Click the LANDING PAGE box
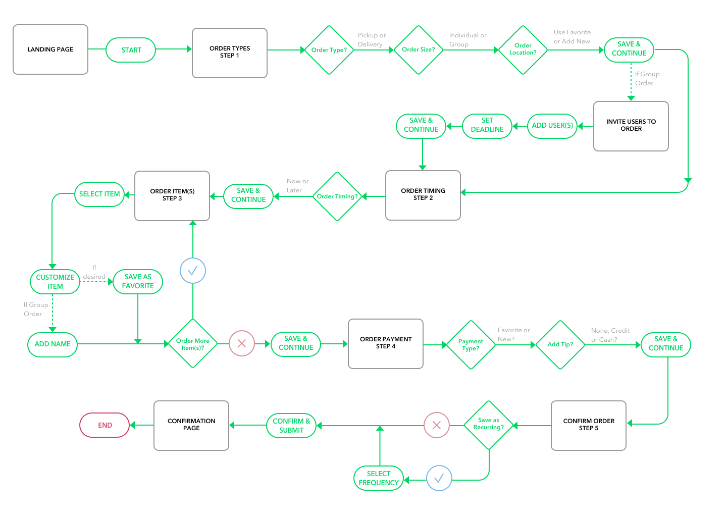pyautogui.click(x=50, y=49)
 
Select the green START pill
pyautogui.click(x=131, y=50)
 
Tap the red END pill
pyautogui.click(x=105, y=425)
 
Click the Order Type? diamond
pyautogui.click(x=329, y=50)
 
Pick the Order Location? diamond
pyautogui.click(x=523, y=49)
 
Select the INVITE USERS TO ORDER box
pyautogui.click(x=631, y=126)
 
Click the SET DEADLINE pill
pyautogui.click(x=487, y=126)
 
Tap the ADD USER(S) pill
pyautogui.click(x=552, y=126)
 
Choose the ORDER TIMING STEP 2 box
pyautogui.click(x=423, y=195)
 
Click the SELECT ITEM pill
pyautogui.click(x=99, y=194)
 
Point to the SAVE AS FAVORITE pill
pyautogui.click(x=138, y=282)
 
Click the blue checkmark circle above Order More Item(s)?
pyautogui.click(x=193, y=271)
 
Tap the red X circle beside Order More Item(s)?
pyautogui.click(x=242, y=344)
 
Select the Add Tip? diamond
pyautogui.click(x=560, y=344)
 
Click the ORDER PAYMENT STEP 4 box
pyautogui.click(x=386, y=343)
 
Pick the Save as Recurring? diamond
pyautogui.click(x=489, y=425)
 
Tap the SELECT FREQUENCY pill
pyautogui.click(x=379, y=478)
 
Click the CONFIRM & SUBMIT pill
pyautogui.click(x=291, y=426)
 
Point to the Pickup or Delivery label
pyautogui.click(x=372, y=40)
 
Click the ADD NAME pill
pyautogui.click(x=53, y=344)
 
